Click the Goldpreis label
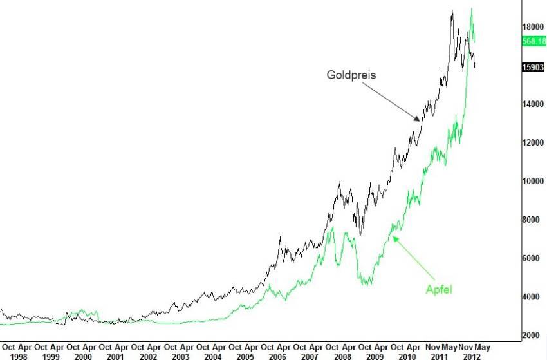(x=351, y=75)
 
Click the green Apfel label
(x=439, y=289)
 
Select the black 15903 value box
(x=534, y=67)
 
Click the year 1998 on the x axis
(x=19, y=355)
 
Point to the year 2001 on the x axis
(x=116, y=355)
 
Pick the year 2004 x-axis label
(x=213, y=355)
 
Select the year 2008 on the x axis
(x=342, y=355)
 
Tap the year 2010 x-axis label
(x=407, y=355)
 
